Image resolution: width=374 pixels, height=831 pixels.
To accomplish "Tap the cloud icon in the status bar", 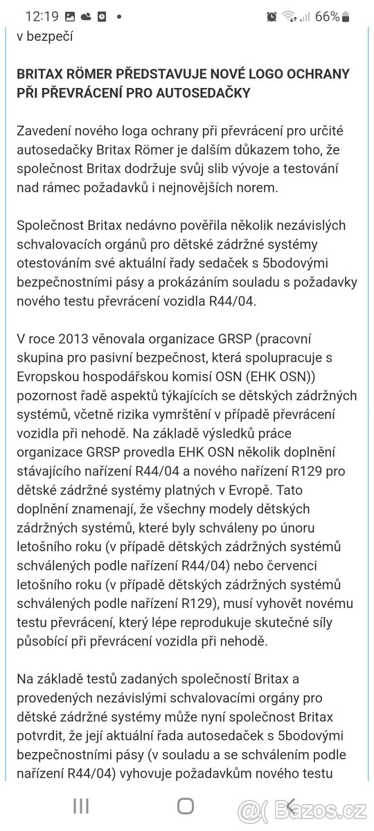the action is click(x=86, y=16).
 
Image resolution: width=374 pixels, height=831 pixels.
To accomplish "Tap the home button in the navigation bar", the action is click(x=186, y=805).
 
